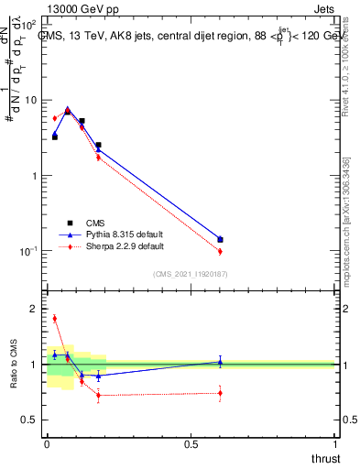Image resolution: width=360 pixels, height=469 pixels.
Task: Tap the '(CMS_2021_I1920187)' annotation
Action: pyautogui.click(x=191, y=274)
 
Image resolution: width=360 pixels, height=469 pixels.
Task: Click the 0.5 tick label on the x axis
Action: pyautogui.click(x=191, y=444)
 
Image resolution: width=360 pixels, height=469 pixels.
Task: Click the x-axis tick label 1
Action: pyautogui.click(x=334, y=444)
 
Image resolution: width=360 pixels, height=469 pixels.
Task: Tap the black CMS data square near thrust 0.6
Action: pyautogui.click(x=220, y=240)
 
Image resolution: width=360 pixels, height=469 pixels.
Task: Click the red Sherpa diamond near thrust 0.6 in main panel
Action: pyautogui.click(x=220, y=251)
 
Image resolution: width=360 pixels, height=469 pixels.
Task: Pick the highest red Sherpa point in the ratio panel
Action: pyautogui.click(x=54, y=319)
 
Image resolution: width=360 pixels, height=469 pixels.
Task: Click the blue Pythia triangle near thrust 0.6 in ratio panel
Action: pyautogui.click(x=220, y=362)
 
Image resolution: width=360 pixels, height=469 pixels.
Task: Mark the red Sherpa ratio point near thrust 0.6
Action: pyautogui.click(x=220, y=393)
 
